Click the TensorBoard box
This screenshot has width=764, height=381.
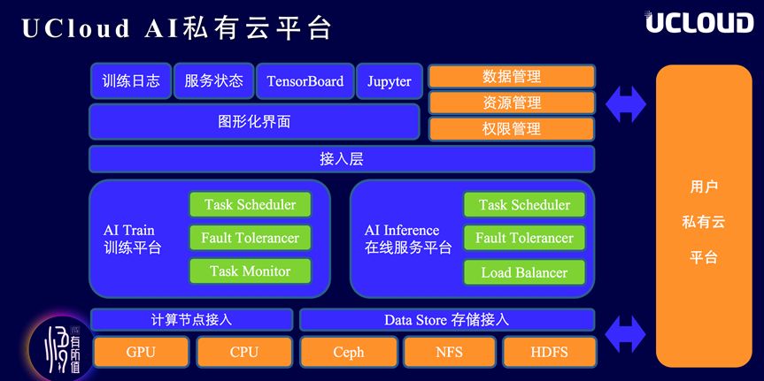[x=305, y=81]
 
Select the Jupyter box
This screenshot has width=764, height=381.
[x=390, y=81]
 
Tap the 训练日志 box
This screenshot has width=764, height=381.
[x=131, y=81]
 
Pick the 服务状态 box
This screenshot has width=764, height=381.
[x=213, y=81]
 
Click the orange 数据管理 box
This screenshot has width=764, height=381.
[x=511, y=77]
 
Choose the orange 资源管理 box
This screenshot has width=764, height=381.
[x=511, y=103]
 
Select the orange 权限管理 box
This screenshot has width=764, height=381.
[x=511, y=128]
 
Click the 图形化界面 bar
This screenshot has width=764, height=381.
[x=254, y=122]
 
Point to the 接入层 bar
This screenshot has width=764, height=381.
[x=342, y=159]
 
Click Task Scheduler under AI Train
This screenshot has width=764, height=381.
[x=250, y=205]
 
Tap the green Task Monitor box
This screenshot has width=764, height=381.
[x=250, y=271]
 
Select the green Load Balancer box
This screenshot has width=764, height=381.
[x=524, y=272]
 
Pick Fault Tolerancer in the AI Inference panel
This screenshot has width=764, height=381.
[x=524, y=238]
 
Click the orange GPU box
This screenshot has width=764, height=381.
[x=141, y=352]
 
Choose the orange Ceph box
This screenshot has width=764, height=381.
[x=348, y=352]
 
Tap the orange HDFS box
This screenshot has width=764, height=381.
[x=549, y=352]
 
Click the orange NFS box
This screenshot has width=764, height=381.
[x=449, y=352]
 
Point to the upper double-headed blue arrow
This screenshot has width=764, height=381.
[x=626, y=104]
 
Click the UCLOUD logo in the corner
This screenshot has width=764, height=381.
[x=698, y=23]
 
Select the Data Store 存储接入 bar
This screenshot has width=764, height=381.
[x=446, y=320]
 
